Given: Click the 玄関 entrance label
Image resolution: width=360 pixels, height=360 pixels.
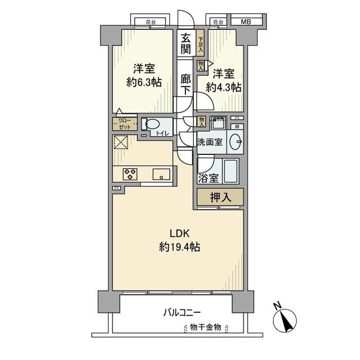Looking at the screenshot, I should click(186, 44).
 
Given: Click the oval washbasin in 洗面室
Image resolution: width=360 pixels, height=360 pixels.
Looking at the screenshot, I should click(236, 142).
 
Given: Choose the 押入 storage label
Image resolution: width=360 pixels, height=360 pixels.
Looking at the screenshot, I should click(219, 196).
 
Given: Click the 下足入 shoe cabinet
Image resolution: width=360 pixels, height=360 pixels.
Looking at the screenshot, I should click(200, 44).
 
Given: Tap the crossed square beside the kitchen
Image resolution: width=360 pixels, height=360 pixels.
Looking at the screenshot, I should click(122, 142).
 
